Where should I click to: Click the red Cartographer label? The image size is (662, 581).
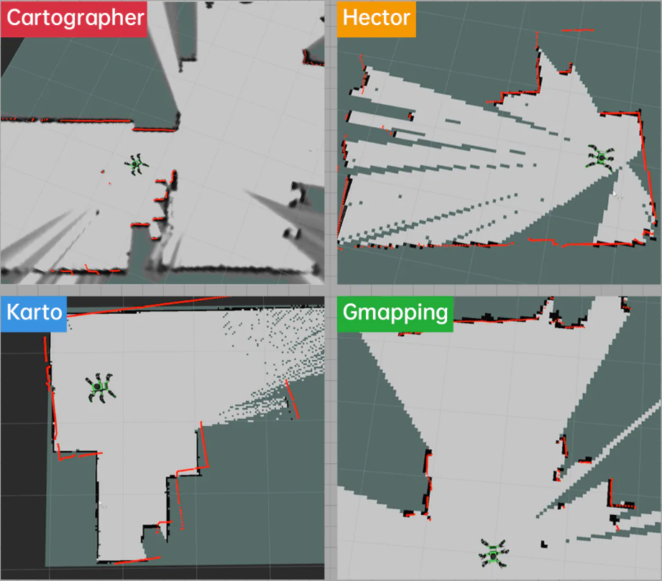click(x=74, y=19)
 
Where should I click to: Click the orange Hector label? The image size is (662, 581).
click(x=376, y=19)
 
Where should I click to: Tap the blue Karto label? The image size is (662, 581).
click(x=34, y=314)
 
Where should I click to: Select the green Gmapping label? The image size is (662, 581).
click(x=395, y=314)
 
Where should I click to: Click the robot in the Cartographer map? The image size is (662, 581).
click(x=136, y=164)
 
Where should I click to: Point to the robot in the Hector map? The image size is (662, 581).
click(x=601, y=158)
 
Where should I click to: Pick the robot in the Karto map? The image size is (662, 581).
click(x=101, y=387)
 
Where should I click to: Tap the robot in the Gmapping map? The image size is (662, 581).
click(x=493, y=553)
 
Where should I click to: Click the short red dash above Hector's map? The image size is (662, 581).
click(x=578, y=30)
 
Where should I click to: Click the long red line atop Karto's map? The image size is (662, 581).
click(x=148, y=306)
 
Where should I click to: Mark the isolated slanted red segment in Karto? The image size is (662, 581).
click(x=292, y=399)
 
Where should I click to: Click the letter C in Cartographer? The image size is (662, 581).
click(x=15, y=18)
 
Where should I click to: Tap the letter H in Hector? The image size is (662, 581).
click(x=350, y=18)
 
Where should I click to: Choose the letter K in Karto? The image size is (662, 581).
click(x=14, y=312)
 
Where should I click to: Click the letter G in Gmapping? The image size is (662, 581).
click(x=351, y=312)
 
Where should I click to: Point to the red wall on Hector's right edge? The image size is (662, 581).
click(x=647, y=167)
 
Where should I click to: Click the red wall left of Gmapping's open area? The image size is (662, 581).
click(x=428, y=481)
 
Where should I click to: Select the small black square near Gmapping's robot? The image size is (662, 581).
click(x=544, y=544)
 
